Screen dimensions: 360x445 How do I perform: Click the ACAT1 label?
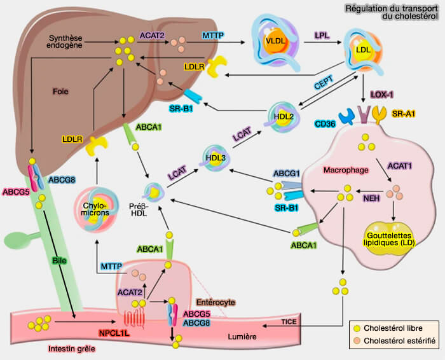[404, 166]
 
